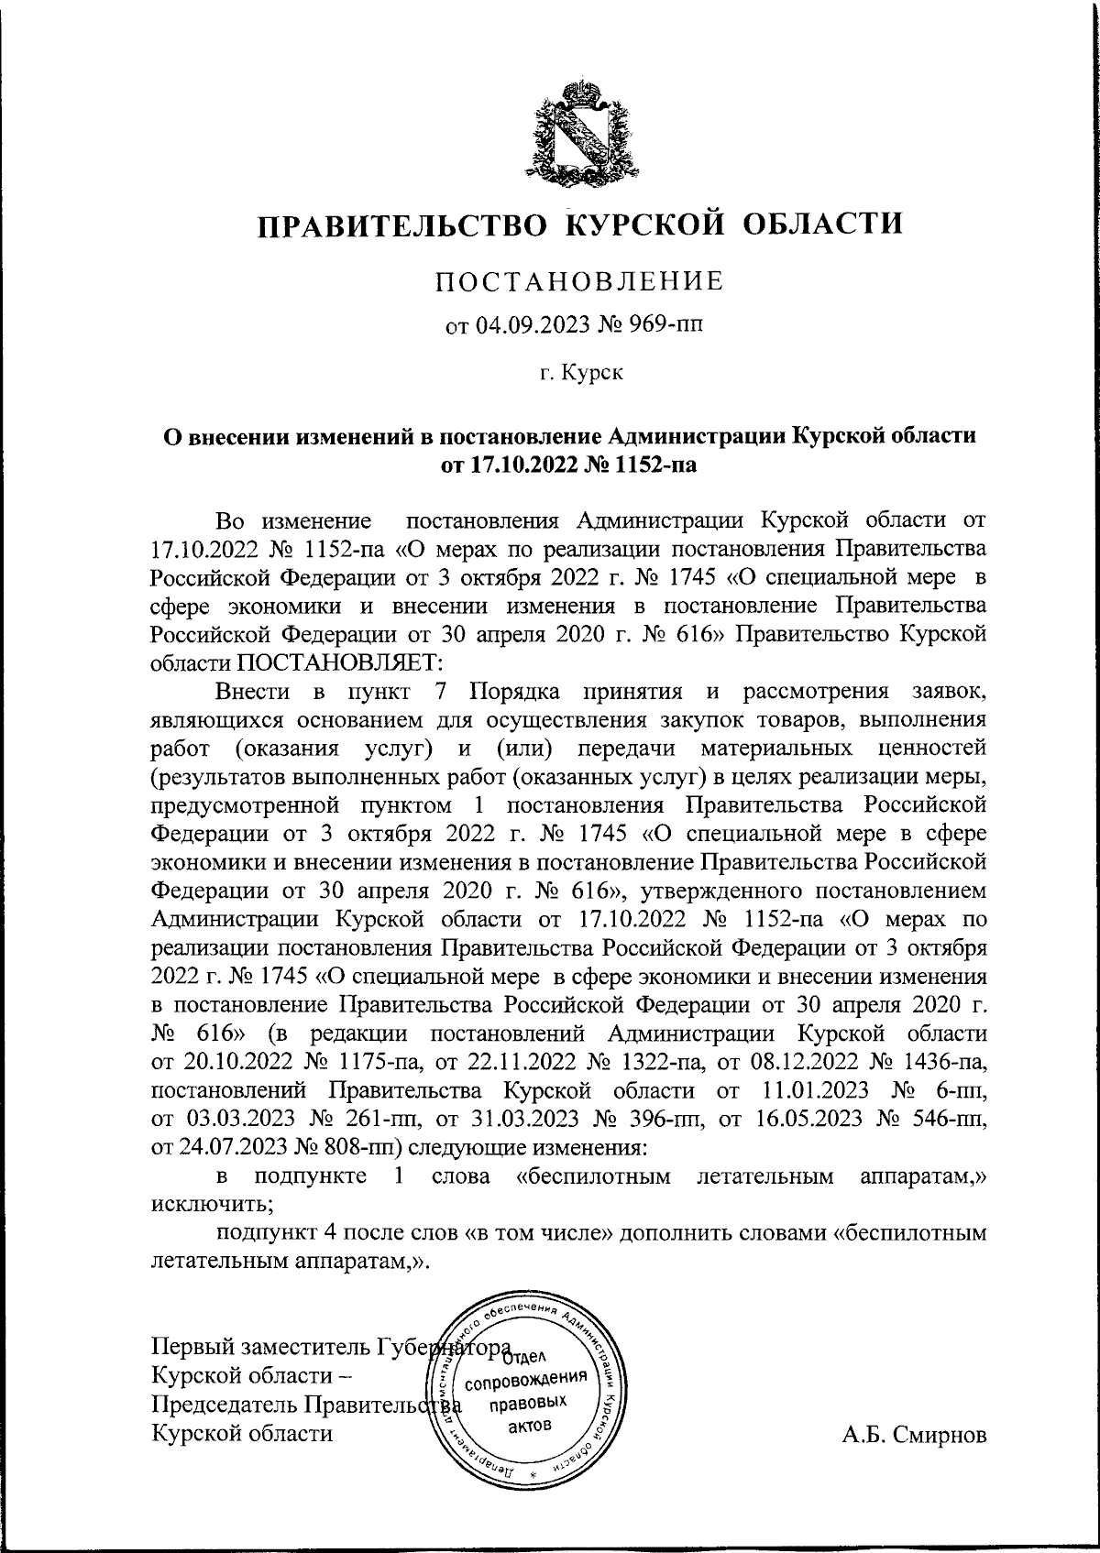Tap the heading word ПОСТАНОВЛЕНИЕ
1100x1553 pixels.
[578, 280]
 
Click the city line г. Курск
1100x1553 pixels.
[579, 373]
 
